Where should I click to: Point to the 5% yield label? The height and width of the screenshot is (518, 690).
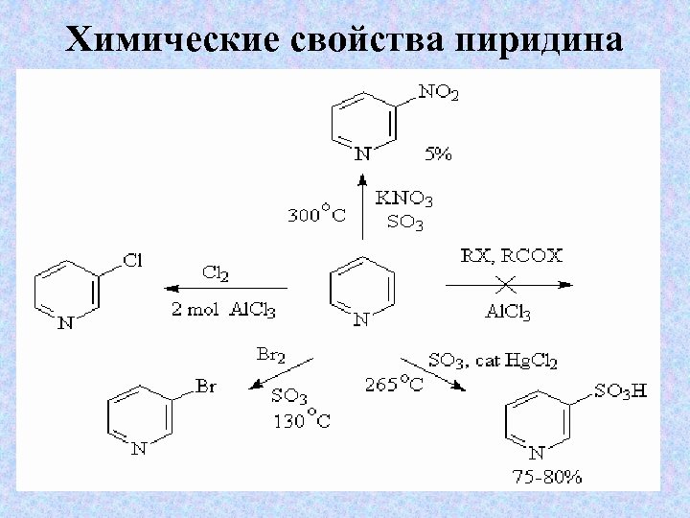pyautogui.click(x=438, y=153)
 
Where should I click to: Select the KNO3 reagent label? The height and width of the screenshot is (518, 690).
pyautogui.click(x=404, y=200)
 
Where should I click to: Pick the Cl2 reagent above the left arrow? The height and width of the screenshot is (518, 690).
pyautogui.click(x=216, y=272)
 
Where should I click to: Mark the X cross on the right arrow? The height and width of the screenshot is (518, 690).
pyautogui.click(x=507, y=283)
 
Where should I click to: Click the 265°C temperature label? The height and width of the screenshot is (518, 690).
pyautogui.click(x=393, y=386)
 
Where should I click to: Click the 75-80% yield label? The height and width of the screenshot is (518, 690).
pyautogui.click(x=546, y=476)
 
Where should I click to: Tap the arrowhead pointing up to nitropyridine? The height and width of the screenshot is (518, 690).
pyautogui.click(x=362, y=179)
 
